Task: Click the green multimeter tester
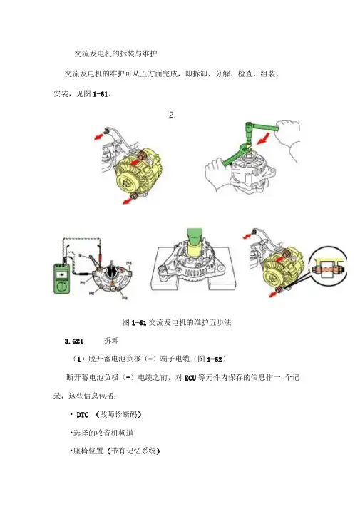coord(61,279)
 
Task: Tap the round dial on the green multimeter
coord(61,287)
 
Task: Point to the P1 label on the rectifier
coord(83,283)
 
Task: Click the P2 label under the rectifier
coord(92,293)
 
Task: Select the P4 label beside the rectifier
coord(129,262)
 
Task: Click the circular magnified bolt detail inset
coord(327,265)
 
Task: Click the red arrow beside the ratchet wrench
coord(263,138)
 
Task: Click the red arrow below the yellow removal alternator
coord(127,201)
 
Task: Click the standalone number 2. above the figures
coord(172,115)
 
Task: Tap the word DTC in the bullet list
coord(83,415)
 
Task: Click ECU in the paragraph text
coord(190,378)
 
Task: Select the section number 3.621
coord(74,341)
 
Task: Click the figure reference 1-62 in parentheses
coord(215,359)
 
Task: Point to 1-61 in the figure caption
coord(139,323)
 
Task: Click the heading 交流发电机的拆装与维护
coord(116,54)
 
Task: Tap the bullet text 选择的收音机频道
coord(103,433)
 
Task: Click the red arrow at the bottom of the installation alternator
coord(274,294)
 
